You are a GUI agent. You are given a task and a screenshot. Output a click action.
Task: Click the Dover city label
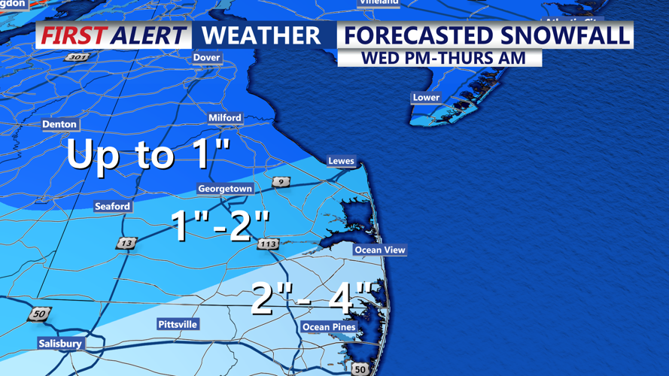pyautogui.click(x=206, y=57)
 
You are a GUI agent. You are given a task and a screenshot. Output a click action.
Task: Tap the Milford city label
pyautogui.click(x=225, y=117)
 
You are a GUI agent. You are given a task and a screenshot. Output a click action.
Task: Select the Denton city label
pyautogui.click(x=59, y=124)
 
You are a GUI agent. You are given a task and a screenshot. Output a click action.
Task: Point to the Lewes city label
pyautogui.click(x=341, y=161)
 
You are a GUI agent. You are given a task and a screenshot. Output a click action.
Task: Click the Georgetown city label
pyautogui.click(x=225, y=189)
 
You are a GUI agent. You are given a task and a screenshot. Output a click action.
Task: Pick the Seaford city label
pyautogui.click(x=112, y=206)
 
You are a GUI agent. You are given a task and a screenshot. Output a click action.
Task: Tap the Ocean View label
pyautogui.click(x=380, y=250)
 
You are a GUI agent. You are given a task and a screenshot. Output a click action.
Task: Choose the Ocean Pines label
pyautogui.click(x=329, y=327)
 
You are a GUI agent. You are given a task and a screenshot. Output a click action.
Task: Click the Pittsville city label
pyautogui.click(x=178, y=324)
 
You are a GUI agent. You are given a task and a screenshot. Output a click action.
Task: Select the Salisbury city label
pyautogui.click(x=60, y=344)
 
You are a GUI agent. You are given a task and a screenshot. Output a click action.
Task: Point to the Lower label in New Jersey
pyautogui.click(x=426, y=98)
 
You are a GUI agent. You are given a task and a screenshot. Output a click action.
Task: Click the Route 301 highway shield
pyautogui.click(x=76, y=57)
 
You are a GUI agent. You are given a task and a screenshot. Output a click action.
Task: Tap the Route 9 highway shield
pyautogui.click(x=281, y=182)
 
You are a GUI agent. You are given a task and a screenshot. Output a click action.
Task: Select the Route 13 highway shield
pyautogui.click(x=126, y=243)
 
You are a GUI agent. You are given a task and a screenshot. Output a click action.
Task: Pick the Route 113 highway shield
pyautogui.click(x=268, y=244)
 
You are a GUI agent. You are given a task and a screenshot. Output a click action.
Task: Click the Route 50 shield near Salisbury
pyautogui.click(x=40, y=314)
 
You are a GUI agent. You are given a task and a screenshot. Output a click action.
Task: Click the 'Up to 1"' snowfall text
pyautogui.click(x=148, y=154)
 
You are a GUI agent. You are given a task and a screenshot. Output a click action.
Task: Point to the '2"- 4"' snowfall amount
pyautogui.click(x=312, y=299)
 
